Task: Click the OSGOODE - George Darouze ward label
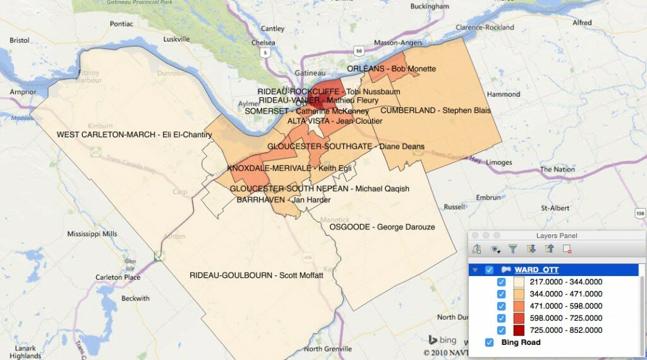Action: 382,227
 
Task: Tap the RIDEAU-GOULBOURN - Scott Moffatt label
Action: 256,275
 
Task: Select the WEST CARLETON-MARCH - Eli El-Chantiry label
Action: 134,135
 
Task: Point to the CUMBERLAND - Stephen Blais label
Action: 435,111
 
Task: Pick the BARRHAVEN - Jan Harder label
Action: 279,200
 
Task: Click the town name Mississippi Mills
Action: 92,234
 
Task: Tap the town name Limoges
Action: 499,162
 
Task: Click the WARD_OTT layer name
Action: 536,270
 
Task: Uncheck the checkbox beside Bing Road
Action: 489,342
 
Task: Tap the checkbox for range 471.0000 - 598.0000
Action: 502,306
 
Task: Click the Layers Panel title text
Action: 557,236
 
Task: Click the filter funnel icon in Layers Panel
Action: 513,249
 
